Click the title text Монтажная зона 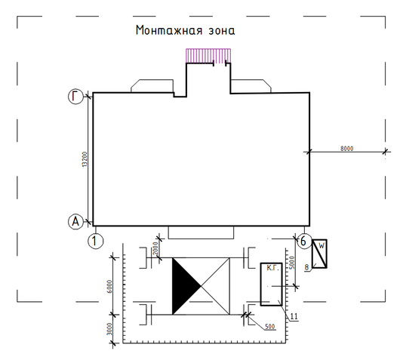185,30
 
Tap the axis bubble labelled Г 75,97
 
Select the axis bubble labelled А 75,221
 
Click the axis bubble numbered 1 96,241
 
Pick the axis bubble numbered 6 304,241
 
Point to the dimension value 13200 85,159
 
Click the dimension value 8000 346,149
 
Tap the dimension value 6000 109,286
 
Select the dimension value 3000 109,329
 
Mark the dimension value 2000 155,248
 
